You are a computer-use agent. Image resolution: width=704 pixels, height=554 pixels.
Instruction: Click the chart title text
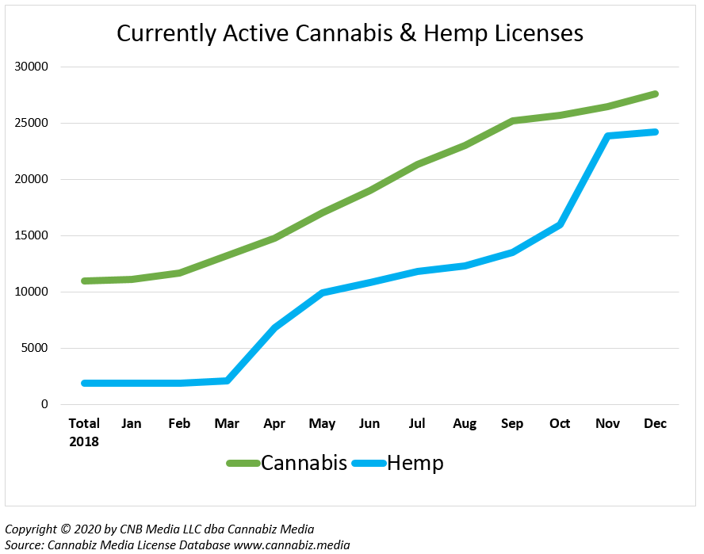350,32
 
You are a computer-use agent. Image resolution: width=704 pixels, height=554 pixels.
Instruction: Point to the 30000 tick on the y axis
33,67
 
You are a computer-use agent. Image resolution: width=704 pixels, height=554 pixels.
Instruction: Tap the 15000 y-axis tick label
33,235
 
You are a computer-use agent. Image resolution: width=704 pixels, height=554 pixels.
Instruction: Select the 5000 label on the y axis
36,348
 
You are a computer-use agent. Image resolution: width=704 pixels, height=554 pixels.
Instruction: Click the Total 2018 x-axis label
84,432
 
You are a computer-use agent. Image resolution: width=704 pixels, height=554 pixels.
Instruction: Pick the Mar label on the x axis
227,423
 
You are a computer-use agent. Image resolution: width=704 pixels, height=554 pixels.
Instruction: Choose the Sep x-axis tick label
512,423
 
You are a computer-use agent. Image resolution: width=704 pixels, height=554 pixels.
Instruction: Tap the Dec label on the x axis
655,423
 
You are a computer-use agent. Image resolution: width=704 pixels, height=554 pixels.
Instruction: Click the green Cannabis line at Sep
512,121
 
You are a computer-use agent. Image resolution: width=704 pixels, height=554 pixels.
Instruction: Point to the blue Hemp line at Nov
607,136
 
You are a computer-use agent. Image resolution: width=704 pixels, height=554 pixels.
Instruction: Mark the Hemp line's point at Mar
227,381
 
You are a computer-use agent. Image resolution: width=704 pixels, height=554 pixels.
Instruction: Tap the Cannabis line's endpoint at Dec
655,94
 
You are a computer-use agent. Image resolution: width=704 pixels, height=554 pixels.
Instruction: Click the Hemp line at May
322,293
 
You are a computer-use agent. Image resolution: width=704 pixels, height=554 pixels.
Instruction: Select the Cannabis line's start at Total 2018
84,281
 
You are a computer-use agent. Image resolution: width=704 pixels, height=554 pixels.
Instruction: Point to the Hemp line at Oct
560,225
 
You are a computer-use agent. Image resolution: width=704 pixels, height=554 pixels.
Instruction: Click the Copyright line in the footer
159,529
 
